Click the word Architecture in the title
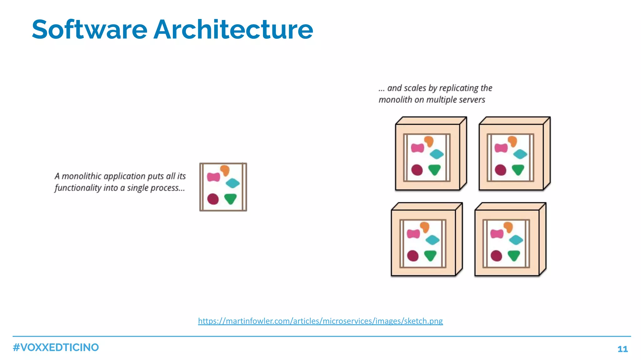click(x=233, y=30)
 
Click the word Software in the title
click(x=90, y=30)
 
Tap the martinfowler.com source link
click(x=320, y=321)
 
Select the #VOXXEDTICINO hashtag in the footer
click(x=56, y=347)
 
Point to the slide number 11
click(x=623, y=349)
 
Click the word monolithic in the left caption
click(x=82, y=176)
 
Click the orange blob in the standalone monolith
click(x=225, y=170)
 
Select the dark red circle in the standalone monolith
click(x=213, y=199)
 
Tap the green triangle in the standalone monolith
click(x=231, y=198)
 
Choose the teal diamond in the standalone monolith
click(x=233, y=183)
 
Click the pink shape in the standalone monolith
click(x=213, y=177)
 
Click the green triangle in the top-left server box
click(x=434, y=170)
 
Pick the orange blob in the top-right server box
click(x=512, y=141)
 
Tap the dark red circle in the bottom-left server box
click(x=413, y=256)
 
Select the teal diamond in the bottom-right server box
click(x=516, y=240)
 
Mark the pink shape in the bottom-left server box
click(x=413, y=234)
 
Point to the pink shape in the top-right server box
click(x=501, y=148)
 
